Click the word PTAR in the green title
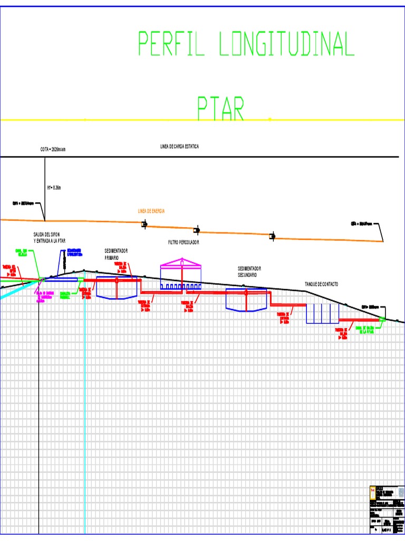tap(221, 108)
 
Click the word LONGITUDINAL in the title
tap(286, 44)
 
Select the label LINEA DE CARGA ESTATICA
tap(179, 146)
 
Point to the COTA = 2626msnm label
tap(53, 150)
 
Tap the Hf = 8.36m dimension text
tap(54, 187)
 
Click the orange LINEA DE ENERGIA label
tap(151, 211)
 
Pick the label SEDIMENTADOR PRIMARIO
tap(117, 254)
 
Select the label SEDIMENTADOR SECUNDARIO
tap(249, 272)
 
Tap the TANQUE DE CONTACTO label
tap(321, 284)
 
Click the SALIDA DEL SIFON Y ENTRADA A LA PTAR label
tap(50, 237)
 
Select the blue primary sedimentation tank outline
tap(117, 287)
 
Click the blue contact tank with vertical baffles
tap(322, 313)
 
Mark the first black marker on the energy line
tap(144, 225)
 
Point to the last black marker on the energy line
tap(273, 236)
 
